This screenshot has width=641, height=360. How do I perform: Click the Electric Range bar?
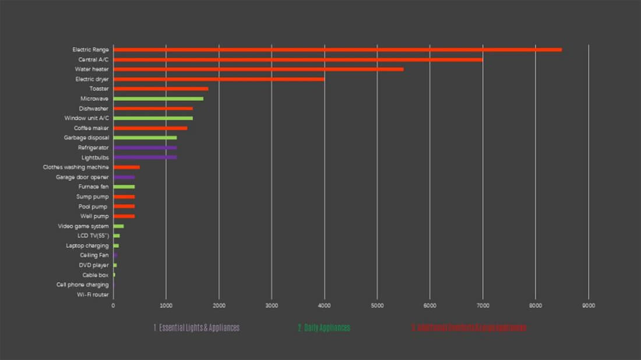(337, 50)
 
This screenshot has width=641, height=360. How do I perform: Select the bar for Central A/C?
(298, 59)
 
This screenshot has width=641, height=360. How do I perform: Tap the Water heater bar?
(258, 69)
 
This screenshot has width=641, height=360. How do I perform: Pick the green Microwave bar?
(158, 98)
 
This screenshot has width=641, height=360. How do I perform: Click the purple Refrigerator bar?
(145, 147)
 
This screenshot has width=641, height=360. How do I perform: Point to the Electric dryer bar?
(219, 79)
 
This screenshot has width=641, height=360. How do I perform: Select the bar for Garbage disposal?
(145, 137)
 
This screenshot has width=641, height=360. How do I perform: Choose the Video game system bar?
(118, 226)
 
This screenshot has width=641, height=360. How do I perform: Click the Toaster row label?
(99, 89)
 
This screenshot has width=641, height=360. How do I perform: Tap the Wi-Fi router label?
(93, 295)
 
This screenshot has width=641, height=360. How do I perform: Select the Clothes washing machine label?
(76, 167)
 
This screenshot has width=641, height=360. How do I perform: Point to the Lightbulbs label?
(95, 157)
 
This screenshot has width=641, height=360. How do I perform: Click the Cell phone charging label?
(82, 285)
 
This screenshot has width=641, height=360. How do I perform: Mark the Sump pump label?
(92, 197)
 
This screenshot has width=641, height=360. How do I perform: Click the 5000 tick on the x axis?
(377, 305)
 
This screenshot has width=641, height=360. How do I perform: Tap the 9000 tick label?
(589, 305)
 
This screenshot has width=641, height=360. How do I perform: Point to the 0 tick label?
(113, 305)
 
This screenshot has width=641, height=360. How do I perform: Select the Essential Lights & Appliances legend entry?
(196, 328)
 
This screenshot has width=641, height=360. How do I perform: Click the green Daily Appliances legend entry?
(323, 328)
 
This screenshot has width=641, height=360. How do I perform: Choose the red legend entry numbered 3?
(469, 328)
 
